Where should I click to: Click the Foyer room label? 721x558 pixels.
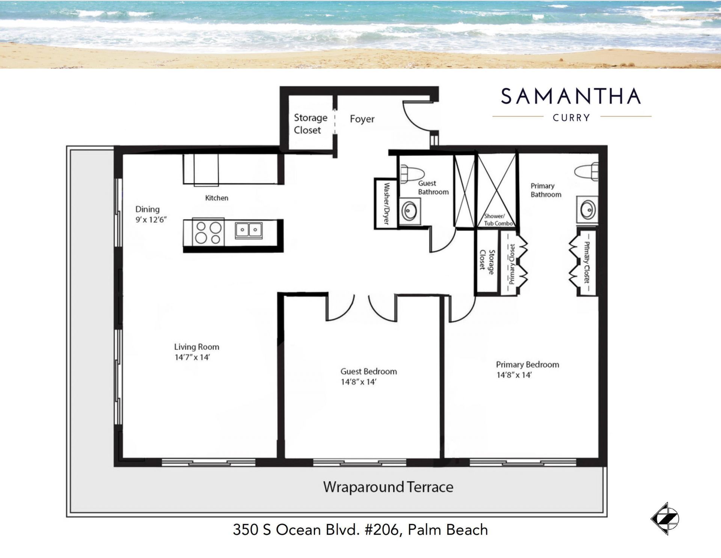tap(362, 119)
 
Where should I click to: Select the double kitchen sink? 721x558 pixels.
tap(249, 229)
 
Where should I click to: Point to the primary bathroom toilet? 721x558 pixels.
tap(587, 172)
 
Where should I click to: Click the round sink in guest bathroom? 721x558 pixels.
tap(409, 212)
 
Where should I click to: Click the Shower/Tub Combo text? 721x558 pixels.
tap(498, 220)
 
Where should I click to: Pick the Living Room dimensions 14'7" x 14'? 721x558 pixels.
tap(192, 357)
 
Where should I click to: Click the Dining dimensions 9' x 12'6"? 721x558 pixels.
tap(151, 220)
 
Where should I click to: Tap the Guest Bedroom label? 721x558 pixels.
tap(368, 371)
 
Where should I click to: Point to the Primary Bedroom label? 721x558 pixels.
tap(527, 365)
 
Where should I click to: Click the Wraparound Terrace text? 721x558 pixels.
tap(388, 487)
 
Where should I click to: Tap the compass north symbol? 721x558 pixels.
tap(665, 519)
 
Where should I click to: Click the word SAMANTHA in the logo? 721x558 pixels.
tap(571, 97)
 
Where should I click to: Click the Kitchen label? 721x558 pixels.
tap(217, 198)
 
